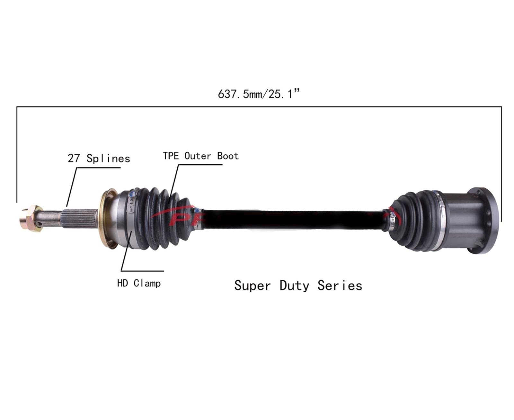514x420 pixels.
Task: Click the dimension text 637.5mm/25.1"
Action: [x=259, y=94]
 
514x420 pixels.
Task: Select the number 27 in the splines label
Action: [x=73, y=158]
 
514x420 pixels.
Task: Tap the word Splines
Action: [x=108, y=159]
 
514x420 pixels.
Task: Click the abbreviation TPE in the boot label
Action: [x=171, y=156]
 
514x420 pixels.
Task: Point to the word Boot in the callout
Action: [x=228, y=156]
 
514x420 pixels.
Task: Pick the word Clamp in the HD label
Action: [x=147, y=283]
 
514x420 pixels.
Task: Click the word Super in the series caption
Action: [x=252, y=286]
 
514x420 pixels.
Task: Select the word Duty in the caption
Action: [x=294, y=286]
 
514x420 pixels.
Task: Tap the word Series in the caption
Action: [x=340, y=286]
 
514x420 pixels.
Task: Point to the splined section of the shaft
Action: [x=80, y=218]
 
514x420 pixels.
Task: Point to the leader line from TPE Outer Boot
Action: [x=174, y=183]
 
